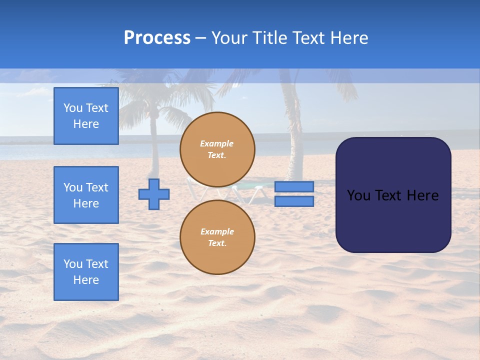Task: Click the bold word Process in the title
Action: click(157, 38)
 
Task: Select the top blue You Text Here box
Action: click(86, 116)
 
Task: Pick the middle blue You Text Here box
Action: click(86, 195)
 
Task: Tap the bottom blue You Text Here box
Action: click(86, 271)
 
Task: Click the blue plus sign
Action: click(154, 194)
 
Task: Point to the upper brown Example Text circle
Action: click(217, 149)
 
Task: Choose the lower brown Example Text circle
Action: click(217, 237)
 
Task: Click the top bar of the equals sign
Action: click(294, 186)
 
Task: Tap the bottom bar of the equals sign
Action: click(294, 201)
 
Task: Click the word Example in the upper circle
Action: click(217, 143)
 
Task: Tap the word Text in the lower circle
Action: click(217, 243)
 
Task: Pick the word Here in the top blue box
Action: click(86, 124)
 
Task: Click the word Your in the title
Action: click(230, 38)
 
